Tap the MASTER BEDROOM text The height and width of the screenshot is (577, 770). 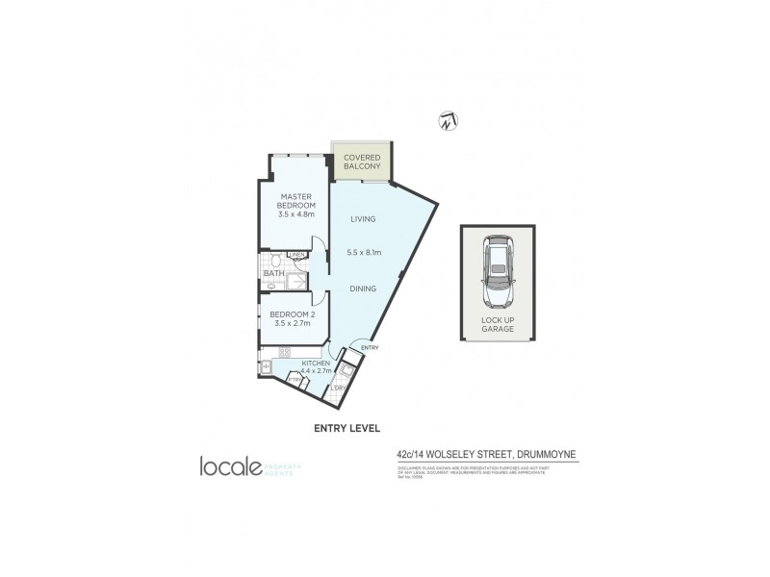click(295, 206)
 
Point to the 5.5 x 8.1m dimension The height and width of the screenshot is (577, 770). click(364, 253)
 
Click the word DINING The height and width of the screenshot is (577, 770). click(363, 287)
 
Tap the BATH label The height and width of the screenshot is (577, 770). click(272, 274)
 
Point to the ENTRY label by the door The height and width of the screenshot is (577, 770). click(371, 347)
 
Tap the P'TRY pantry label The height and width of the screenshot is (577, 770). click(295, 380)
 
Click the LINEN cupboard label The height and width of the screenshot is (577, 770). click(296, 255)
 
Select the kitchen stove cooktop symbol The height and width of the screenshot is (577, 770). click(284, 351)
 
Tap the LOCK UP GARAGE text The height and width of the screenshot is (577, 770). click(498, 324)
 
